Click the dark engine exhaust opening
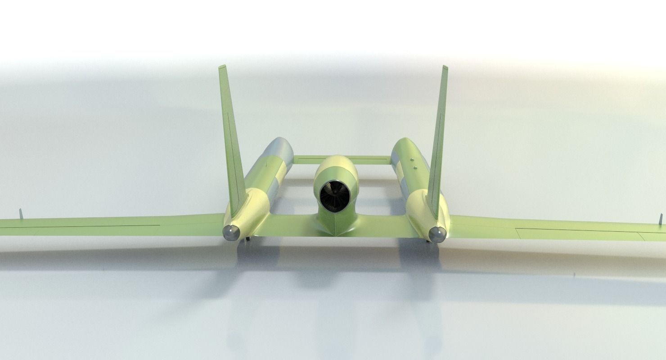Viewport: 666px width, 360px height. tap(335, 196)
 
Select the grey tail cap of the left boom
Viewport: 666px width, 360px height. tap(231, 232)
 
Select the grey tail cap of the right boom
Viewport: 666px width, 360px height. tap(436, 234)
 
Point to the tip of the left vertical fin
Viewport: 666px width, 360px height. tap(222, 67)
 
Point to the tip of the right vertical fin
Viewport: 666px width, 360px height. tap(445, 67)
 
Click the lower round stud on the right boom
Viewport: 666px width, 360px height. tap(414, 169)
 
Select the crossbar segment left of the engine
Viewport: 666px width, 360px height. tap(305, 159)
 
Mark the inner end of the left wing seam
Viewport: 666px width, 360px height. tap(160, 225)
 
